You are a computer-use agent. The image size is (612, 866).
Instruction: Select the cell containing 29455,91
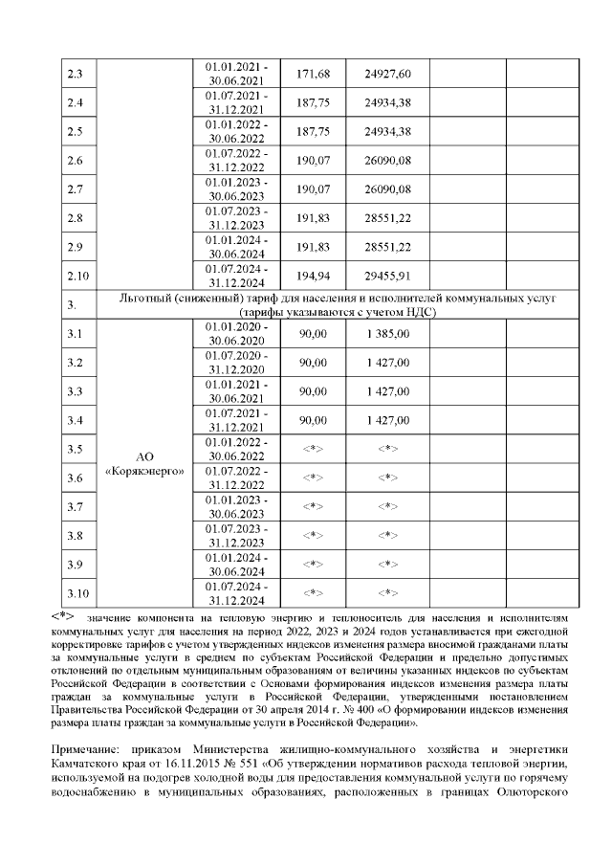(x=390, y=276)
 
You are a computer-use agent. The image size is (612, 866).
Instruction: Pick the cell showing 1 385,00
(x=390, y=334)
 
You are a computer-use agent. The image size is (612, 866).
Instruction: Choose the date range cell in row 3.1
(x=237, y=334)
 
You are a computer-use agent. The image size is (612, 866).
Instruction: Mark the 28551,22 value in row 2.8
(x=390, y=218)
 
